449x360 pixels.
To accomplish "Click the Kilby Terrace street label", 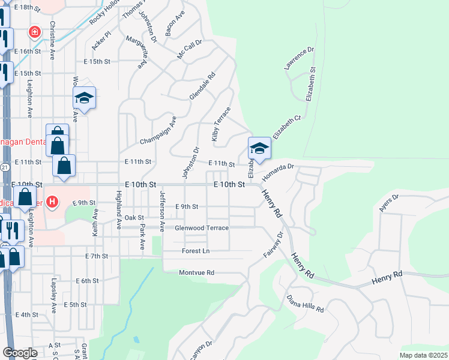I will click(x=221, y=125).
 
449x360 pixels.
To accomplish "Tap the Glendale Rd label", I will click(x=202, y=87).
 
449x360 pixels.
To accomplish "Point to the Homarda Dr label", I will click(x=277, y=169).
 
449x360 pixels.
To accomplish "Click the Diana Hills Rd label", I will click(x=305, y=304).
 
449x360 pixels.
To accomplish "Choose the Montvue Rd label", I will click(x=197, y=272).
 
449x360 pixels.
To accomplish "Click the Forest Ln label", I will click(x=196, y=251).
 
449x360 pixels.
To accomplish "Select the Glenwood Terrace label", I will click(x=201, y=228).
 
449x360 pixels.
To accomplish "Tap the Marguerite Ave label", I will click(x=137, y=52).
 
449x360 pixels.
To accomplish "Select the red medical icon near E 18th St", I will click(x=35, y=32).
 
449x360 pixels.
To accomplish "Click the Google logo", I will click(x=19, y=353).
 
